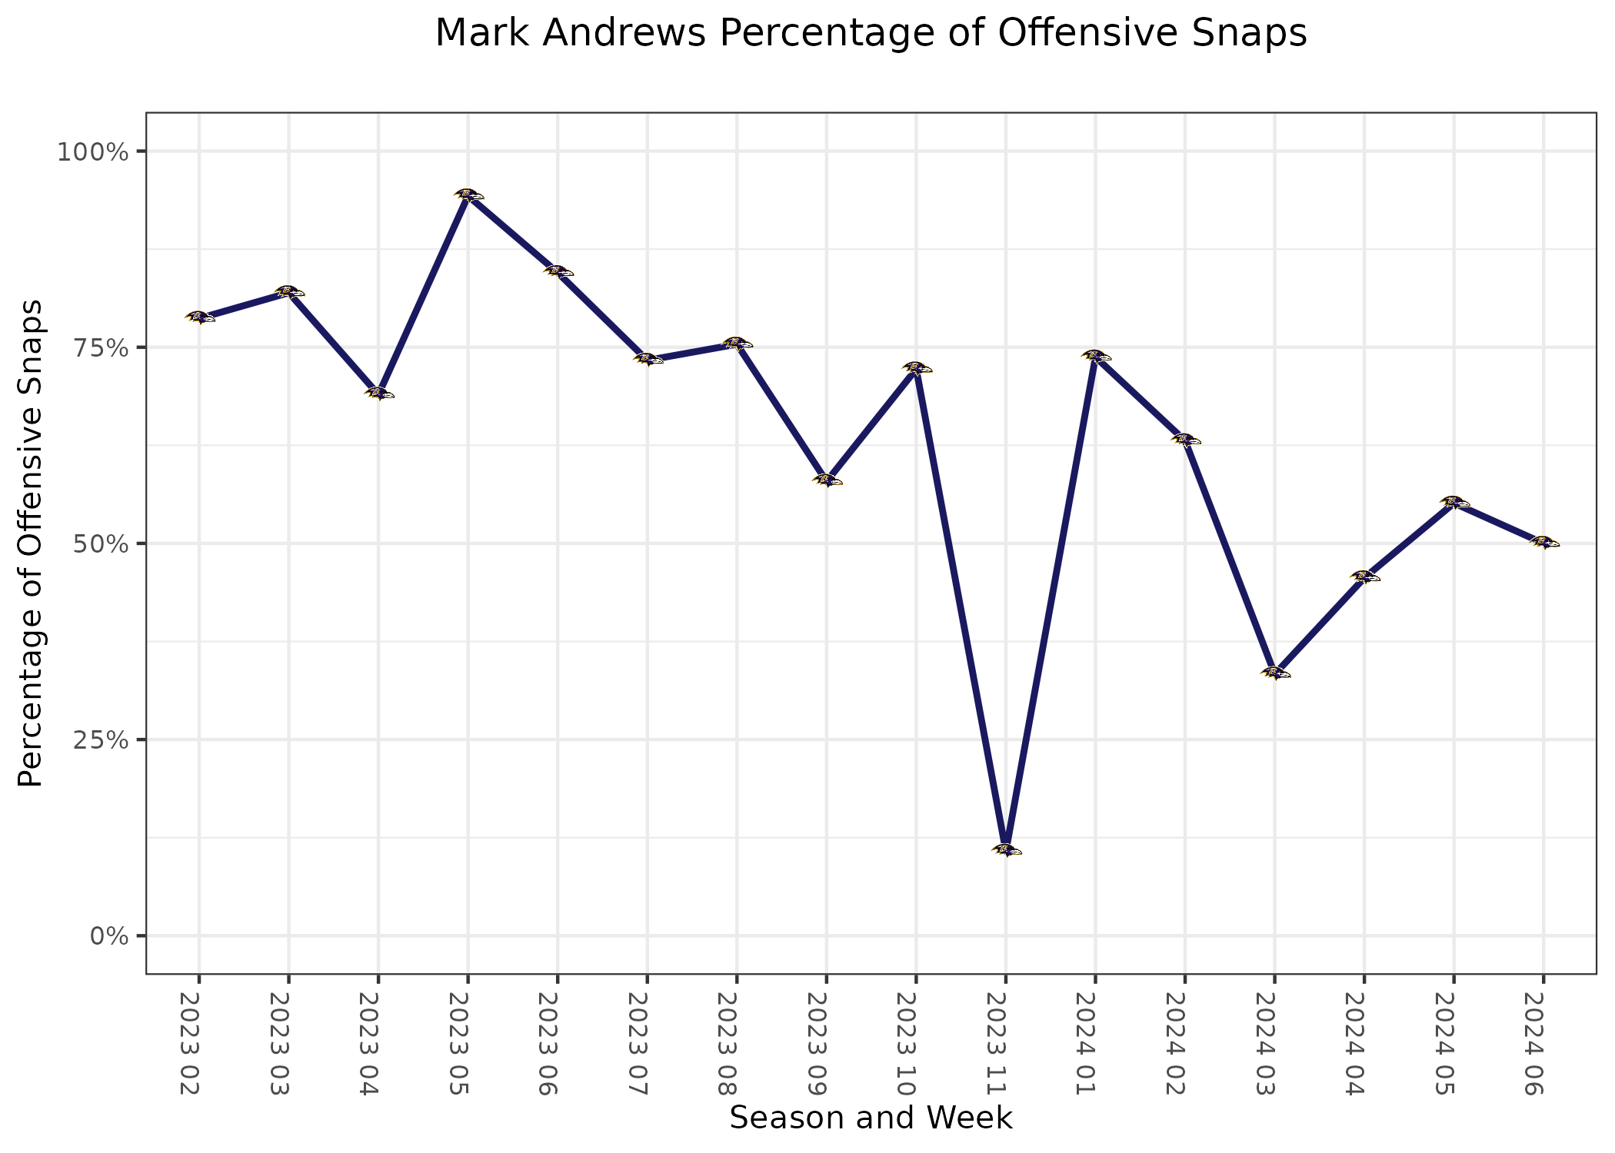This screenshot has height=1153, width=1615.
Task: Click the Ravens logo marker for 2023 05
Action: [468, 194]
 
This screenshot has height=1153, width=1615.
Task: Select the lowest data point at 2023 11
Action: [1006, 849]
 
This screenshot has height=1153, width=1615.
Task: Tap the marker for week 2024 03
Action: [1275, 673]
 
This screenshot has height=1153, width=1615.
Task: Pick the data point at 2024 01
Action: [1096, 356]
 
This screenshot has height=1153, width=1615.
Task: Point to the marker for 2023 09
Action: [827, 480]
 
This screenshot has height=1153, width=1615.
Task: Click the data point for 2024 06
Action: [1543, 542]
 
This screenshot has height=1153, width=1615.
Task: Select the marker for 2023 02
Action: [199, 317]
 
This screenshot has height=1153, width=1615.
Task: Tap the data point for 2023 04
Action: [378, 393]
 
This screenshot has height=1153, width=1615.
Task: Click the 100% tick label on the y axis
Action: [92, 151]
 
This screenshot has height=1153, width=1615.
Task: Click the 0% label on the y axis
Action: [108, 936]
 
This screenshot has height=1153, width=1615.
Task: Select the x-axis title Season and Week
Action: [871, 1118]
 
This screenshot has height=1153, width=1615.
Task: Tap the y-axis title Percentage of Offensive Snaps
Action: [31, 543]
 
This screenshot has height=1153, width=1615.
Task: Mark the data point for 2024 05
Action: [1453, 503]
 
